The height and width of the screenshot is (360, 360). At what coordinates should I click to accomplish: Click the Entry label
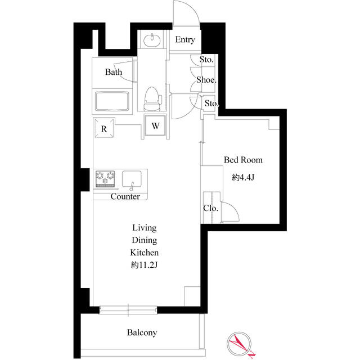point(185,40)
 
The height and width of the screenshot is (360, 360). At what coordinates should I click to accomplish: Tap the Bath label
point(114,72)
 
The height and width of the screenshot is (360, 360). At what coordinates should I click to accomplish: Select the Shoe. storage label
point(206,80)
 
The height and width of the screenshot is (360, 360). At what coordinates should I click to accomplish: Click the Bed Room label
point(243,160)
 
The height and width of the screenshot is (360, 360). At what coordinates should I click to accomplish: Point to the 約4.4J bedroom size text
point(243,178)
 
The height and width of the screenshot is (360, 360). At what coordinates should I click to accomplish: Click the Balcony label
point(141,333)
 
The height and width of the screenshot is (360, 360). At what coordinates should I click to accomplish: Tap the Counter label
point(125,197)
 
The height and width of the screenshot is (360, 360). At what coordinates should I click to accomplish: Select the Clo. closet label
point(211,208)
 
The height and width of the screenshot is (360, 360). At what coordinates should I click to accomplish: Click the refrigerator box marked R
point(104,128)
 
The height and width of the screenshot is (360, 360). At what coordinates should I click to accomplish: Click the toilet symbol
point(151,99)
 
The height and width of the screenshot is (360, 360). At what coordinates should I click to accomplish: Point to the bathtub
point(114,102)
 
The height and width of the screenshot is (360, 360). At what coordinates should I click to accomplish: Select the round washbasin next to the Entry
point(151,40)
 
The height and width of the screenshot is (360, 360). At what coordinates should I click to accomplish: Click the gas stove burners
point(105,179)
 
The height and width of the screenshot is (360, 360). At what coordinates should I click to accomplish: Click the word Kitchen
point(145,253)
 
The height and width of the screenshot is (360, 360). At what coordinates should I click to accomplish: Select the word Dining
point(145,240)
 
